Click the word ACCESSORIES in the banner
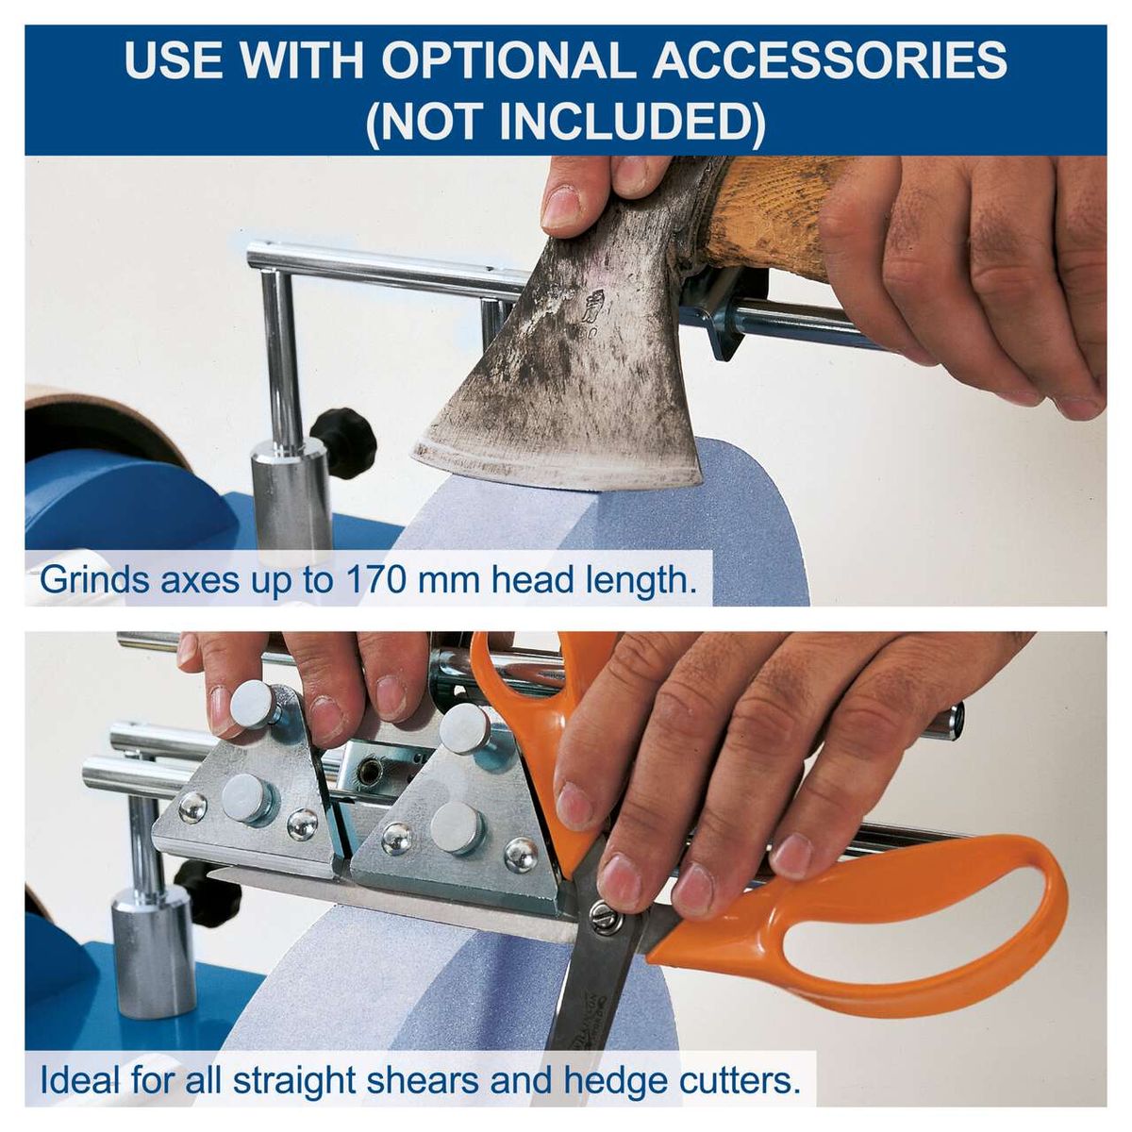tap(830, 61)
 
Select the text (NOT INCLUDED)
tap(565, 121)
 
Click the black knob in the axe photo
tap(344, 441)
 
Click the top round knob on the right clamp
tap(465, 727)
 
